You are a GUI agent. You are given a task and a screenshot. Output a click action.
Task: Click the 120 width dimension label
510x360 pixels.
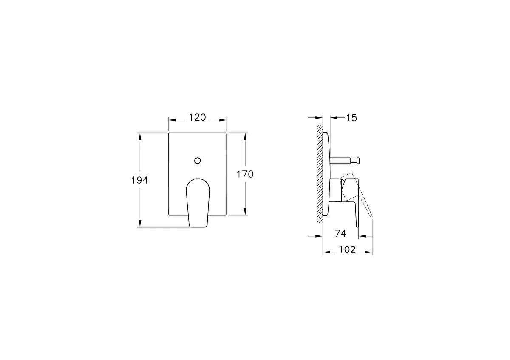coord(197,117)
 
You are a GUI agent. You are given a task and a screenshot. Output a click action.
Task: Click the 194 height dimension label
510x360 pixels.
coord(139,180)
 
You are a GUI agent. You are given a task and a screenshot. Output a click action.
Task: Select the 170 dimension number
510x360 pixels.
coord(245,174)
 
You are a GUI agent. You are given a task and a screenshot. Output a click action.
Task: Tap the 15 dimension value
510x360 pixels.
coord(351,118)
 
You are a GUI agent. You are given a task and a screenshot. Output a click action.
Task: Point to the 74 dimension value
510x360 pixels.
coord(340,233)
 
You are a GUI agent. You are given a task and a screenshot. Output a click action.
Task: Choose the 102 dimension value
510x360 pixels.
coord(347,249)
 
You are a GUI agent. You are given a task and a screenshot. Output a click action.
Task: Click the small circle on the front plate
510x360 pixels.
coord(197,161)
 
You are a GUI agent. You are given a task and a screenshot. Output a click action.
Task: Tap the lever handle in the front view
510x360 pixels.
coord(198,203)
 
